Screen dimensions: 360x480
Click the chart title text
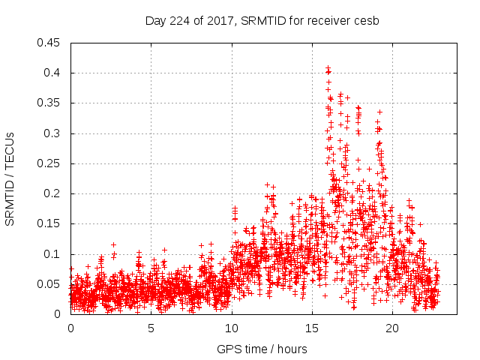click(x=262, y=20)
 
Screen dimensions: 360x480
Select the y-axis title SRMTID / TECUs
click(x=10, y=178)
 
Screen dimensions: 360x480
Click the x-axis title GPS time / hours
click(x=261, y=349)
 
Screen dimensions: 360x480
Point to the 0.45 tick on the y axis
click(x=51, y=43)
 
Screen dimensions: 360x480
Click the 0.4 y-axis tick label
click(x=54, y=73)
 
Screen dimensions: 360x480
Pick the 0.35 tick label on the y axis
click(x=51, y=103)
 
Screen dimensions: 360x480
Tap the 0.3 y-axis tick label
click(x=54, y=133)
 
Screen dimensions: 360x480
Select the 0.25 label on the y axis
click(x=51, y=163)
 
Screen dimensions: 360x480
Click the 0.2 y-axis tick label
click(x=54, y=193)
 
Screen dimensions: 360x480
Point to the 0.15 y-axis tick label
click(x=51, y=223)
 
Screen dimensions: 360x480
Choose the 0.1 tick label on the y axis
click(x=54, y=253)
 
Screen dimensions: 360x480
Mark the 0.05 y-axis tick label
click(x=51, y=284)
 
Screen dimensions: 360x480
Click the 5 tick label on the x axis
click(x=151, y=328)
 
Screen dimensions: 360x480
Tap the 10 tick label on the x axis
click(x=232, y=328)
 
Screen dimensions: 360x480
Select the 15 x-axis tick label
click(x=312, y=328)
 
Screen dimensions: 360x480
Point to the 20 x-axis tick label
click(x=393, y=328)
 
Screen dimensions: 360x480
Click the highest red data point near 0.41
click(x=328, y=68)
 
